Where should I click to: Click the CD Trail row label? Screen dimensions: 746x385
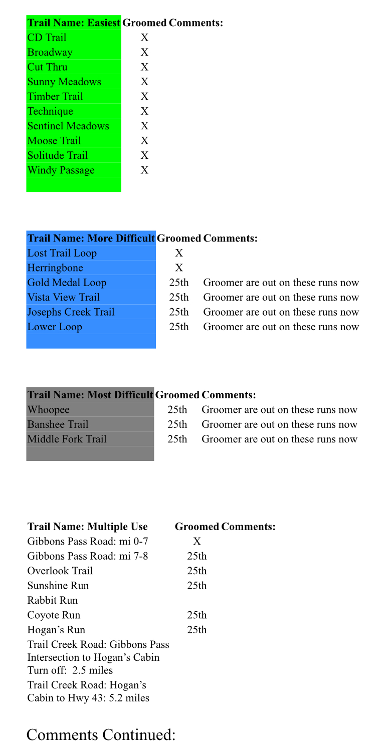(x=47, y=38)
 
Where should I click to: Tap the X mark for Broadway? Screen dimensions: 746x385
(x=144, y=52)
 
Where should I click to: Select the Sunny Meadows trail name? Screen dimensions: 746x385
(x=64, y=82)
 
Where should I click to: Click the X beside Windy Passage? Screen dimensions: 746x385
(x=144, y=170)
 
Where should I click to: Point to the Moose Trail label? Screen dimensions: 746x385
(x=54, y=141)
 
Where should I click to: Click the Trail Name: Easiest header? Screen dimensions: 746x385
(x=74, y=23)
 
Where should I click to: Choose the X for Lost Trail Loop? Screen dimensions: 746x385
(x=179, y=253)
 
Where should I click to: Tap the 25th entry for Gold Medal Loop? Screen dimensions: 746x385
(x=179, y=283)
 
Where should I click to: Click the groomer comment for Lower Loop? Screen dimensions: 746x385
(x=281, y=327)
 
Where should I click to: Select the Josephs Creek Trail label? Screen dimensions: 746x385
(x=71, y=312)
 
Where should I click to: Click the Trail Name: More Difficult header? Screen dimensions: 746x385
(x=91, y=238)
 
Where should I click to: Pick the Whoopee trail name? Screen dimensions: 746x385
(x=49, y=410)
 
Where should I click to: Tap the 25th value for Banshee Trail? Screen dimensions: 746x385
(x=177, y=425)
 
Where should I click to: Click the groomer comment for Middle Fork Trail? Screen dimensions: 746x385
(x=279, y=439)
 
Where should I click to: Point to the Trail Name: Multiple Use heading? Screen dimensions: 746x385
(x=88, y=527)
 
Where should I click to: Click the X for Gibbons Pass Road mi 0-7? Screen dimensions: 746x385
(x=197, y=541)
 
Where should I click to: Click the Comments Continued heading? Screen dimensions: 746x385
(x=101, y=734)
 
